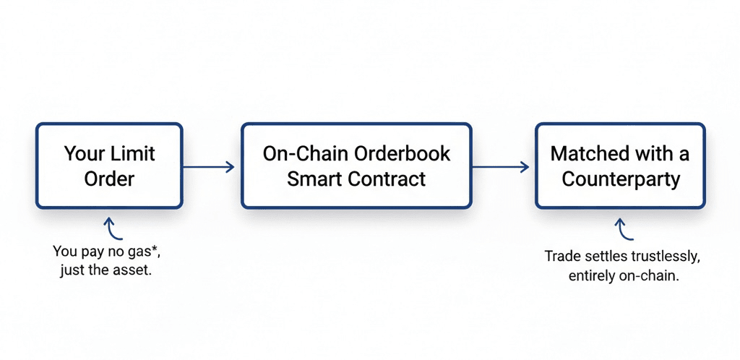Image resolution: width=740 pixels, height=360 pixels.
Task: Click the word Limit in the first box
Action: [132, 154]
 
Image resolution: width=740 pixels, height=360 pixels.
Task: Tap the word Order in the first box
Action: [110, 179]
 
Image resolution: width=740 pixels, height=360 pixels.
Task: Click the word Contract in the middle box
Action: [389, 179]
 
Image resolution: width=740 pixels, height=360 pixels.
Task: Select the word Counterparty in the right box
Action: [621, 179]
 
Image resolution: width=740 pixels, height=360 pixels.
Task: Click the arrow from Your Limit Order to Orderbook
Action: [210, 167]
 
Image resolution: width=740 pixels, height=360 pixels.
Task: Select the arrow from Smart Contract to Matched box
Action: [500, 167]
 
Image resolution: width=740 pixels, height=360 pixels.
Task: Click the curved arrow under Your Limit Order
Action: [113, 228]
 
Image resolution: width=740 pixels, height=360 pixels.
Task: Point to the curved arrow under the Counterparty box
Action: [623, 229]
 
